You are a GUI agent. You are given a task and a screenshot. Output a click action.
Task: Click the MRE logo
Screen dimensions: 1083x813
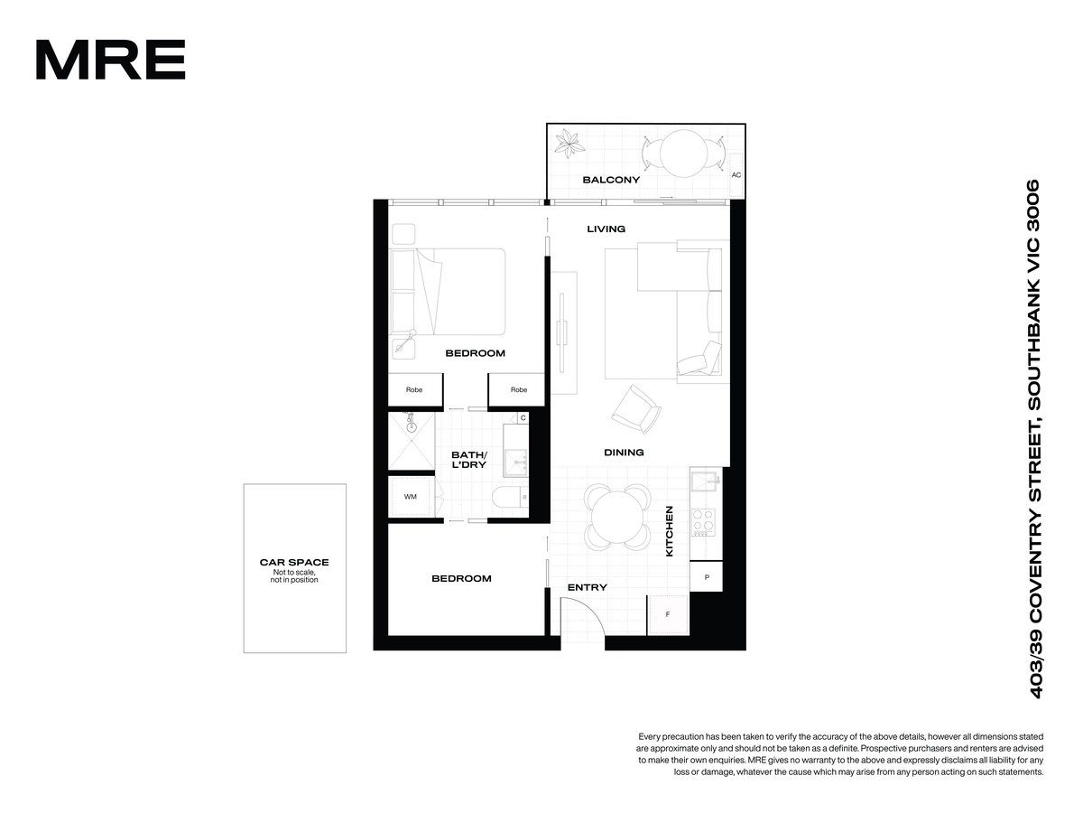coord(110,60)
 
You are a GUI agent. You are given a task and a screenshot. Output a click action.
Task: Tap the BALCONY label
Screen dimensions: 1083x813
coord(611,180)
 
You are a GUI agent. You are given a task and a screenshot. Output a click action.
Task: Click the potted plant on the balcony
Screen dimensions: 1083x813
coord(569,143)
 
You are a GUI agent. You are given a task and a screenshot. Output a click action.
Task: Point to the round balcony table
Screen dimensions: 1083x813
coord(683,153)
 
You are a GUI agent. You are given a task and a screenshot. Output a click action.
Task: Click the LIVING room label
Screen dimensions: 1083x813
coord(606,229)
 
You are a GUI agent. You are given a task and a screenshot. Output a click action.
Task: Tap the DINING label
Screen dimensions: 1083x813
coord(624,453)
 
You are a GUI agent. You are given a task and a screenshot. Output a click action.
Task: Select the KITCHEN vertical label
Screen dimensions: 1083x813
coord(669,531)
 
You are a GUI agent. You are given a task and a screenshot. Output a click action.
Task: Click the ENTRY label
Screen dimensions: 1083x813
coord(588,587)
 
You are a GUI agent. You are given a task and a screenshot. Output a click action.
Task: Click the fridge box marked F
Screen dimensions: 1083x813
coord(668,614)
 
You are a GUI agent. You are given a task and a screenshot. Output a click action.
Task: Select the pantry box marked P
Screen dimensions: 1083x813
coord(706,576)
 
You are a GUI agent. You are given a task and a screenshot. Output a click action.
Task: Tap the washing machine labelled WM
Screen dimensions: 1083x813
coord(411,497)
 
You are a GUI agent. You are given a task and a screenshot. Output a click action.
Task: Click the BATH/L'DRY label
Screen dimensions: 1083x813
coord(468,460)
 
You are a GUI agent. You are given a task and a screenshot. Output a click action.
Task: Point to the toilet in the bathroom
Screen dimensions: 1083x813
coord(510,497)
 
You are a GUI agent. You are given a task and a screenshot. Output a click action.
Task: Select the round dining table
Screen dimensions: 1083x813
coord(617,518)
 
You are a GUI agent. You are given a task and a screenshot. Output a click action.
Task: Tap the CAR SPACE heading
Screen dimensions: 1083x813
coord(294,562)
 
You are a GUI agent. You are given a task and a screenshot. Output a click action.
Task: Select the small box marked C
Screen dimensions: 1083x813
coord(523,418)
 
